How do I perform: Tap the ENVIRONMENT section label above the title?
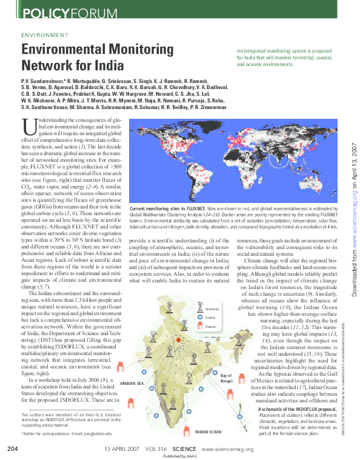45,36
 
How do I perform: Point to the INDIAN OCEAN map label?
208,431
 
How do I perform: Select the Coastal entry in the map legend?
210,318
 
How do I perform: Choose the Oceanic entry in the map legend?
210,326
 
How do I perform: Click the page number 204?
14,448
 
